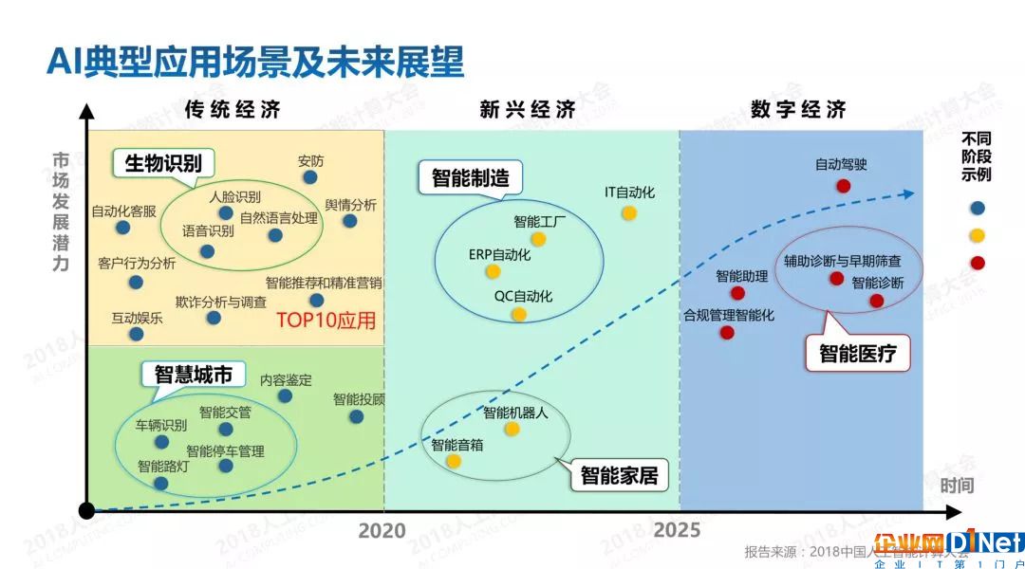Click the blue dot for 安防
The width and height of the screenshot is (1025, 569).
(x=309, y=177)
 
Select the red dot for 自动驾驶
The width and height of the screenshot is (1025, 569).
(x=844, y=186)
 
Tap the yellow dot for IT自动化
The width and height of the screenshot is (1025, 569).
(x=629, y=213)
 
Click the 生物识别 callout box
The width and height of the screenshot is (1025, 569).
(x=163, y=163)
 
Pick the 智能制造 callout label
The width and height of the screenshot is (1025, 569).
(x=470, y=177)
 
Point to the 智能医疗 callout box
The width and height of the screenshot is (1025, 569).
(x=858, y=354)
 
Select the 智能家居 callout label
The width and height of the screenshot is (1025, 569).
(x=619, y=475)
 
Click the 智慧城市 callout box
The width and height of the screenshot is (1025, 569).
(x=194, y=375)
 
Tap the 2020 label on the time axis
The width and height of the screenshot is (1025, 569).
(x=382, y=530)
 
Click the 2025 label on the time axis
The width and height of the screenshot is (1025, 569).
(x=677, y=530)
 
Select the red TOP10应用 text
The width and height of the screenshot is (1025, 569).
(x=326, y=321)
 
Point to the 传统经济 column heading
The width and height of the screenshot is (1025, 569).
(x=233, y=109)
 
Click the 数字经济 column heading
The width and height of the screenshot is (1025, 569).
(x=798, y=109)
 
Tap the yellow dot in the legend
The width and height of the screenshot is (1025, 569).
(x=978, y=236)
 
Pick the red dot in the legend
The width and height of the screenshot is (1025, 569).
(x=978, y=264)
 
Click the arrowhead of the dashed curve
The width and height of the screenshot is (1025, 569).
(x=907, y=194)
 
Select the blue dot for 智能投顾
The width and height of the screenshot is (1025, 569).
(x=356, y=416)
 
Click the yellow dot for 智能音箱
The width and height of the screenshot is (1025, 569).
(x=454, y=461)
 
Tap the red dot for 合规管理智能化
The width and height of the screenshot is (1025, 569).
(x=727, y=333)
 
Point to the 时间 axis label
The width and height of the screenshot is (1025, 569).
(x=957, y=486)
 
